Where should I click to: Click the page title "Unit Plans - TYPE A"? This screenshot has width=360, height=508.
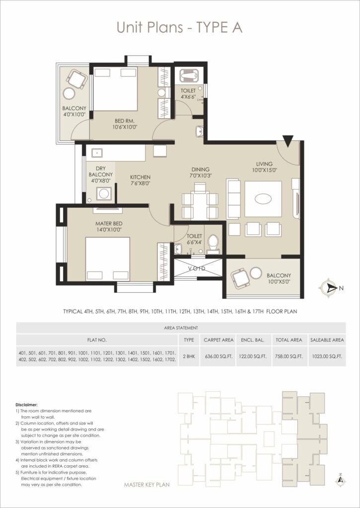coord(179,28)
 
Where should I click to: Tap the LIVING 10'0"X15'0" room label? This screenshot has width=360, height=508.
coord(265,167)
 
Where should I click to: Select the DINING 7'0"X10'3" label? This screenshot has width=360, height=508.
coord(201,172)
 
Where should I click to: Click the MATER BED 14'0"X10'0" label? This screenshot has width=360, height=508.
coord(109,227)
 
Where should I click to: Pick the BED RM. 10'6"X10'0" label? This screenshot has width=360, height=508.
coord(119,124)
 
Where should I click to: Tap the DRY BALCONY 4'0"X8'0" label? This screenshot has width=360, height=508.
coord(101,175)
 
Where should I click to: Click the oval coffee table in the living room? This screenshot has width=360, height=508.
coord(263,199)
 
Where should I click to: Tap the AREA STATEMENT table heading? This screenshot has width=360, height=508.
coord(181,328)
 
